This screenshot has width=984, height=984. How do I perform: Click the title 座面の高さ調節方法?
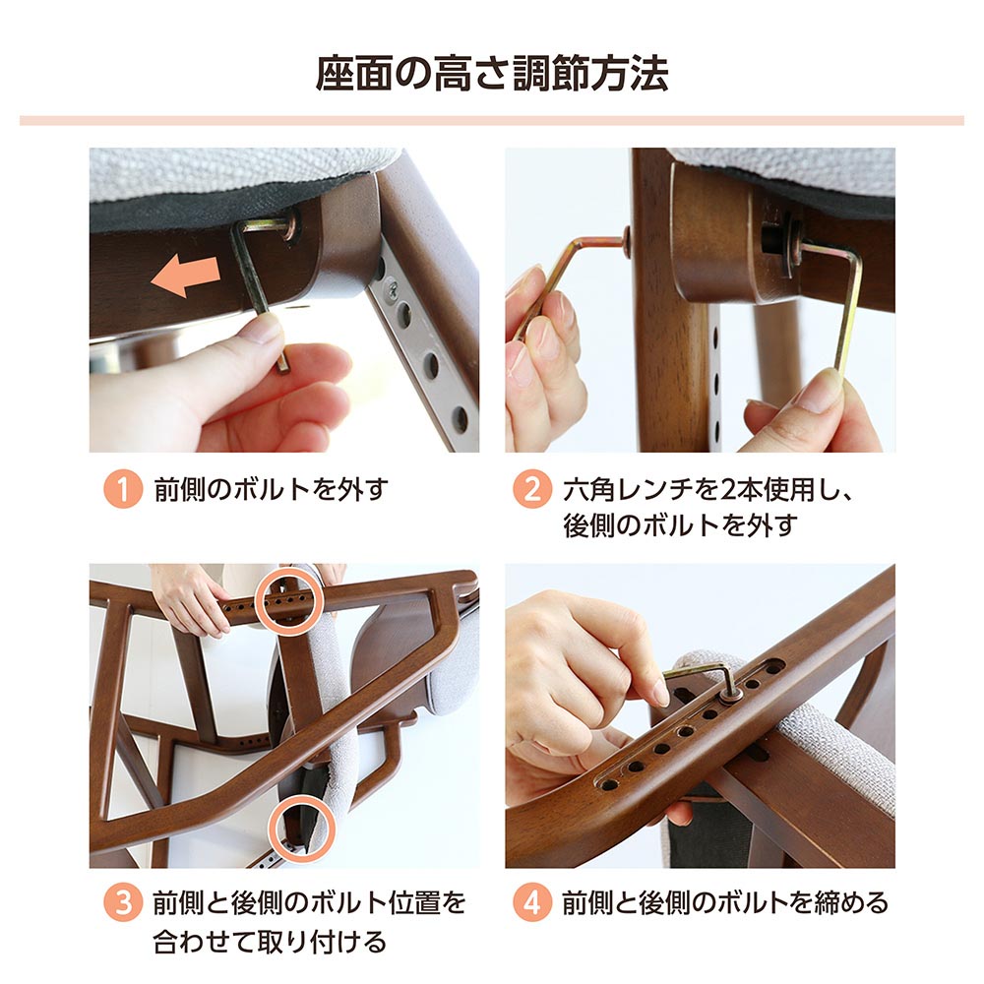coord(492,74)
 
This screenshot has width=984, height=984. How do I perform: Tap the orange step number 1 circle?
coord(123,489)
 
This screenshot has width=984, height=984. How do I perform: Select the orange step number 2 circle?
coord(532,489)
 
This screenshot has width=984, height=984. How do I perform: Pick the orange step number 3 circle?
coord(123,902)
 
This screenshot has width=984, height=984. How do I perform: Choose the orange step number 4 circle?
coord(532,902)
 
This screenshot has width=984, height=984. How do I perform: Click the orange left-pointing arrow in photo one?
coord(186,275)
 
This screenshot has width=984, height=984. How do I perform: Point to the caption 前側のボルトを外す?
coord(272,489)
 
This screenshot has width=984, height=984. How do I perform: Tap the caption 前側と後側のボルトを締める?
coord(725,902)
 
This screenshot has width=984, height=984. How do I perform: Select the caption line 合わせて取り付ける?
coord(270,942)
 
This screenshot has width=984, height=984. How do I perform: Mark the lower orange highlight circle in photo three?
coord(302,828)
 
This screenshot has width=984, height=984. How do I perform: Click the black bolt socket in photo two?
coord(773,239)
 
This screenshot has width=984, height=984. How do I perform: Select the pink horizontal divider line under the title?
coord(492,120)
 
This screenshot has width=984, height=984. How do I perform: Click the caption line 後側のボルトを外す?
coord(680,525)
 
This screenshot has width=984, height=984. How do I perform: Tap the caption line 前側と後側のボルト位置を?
coord(310,902)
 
